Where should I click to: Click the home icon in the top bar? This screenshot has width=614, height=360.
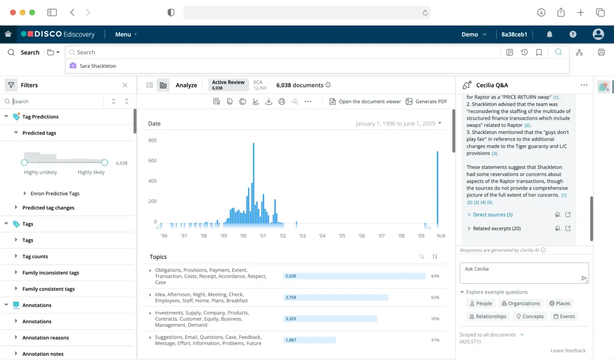pos(8,34)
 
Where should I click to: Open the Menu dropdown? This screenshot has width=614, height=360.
pos(126,34)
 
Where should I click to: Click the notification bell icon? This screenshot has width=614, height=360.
pos(550,34)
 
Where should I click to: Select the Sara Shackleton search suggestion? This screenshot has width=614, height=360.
pos(98,66)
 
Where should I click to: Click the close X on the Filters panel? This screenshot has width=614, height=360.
pos(125,85)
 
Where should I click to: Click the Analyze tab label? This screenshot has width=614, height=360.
pos(186,85)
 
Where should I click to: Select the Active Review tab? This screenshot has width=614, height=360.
pos(228,85)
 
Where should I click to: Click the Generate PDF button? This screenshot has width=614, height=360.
pos(426,101)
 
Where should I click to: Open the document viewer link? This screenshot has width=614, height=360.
pos(365,101)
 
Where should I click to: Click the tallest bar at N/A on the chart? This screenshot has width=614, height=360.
pos(437,189)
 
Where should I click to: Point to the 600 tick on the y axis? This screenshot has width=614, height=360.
pos(152,161)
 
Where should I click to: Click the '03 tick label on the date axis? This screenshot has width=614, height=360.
pos(302,236)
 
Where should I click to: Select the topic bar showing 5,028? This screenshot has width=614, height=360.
pos(354,276)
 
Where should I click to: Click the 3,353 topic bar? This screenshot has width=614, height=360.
pos(330,319)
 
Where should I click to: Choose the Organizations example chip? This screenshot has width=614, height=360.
pos(520,303)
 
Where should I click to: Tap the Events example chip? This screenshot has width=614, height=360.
pos(564,317)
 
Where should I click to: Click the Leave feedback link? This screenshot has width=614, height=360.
pos(568,351)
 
